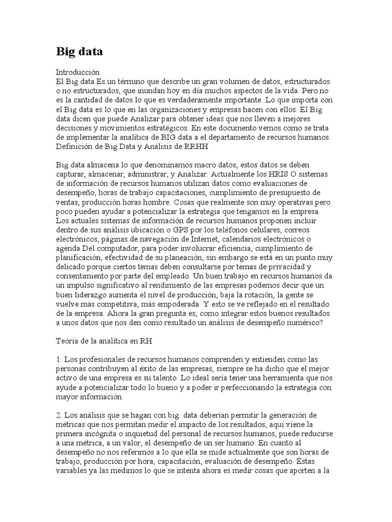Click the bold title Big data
pyautogui.click(x=79, y=51)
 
